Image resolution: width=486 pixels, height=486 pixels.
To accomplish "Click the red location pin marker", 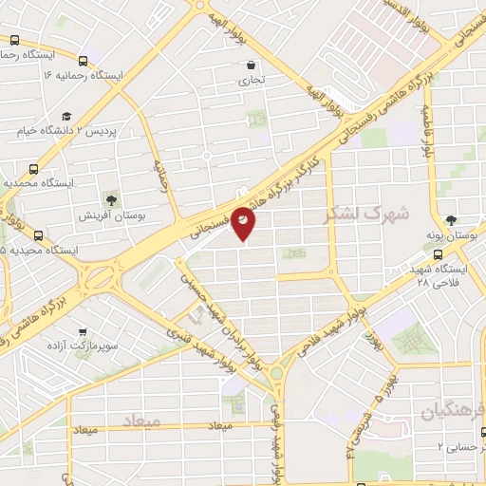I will click(244, 222).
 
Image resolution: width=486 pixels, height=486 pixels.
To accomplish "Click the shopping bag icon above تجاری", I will click(250, 65).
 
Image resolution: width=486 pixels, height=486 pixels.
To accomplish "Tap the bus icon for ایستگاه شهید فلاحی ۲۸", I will click(438, 254).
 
